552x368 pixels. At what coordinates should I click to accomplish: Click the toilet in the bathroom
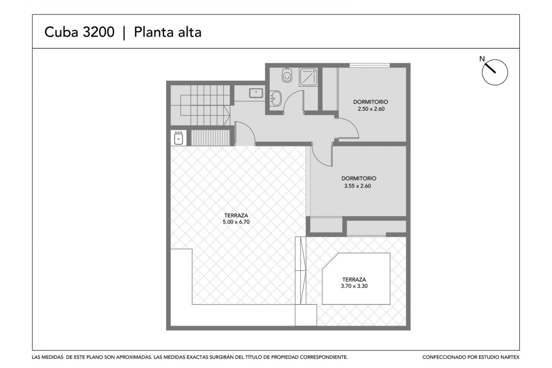pos(287,75)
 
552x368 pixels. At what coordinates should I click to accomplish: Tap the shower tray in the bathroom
pos(308,77)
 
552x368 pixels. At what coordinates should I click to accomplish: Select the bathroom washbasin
pos(276,98)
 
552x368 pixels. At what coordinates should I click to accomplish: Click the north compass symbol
pos(495,72)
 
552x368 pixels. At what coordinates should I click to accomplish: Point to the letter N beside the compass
pos(482,59)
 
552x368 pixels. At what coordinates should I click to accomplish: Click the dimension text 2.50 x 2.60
pos(371,109)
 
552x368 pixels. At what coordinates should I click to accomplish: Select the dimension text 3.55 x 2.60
pos(357,186)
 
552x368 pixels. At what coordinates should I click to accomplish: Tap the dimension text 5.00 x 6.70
pos(236,222)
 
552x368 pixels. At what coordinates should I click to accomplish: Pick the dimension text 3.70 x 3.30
pos(354,286)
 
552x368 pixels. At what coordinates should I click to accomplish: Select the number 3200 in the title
pos(99,32)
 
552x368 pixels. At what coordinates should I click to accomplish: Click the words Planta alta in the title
pos(168,32)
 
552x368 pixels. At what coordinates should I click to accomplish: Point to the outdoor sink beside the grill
pos(178,138)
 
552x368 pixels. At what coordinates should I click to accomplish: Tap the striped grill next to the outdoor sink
pos(210,138)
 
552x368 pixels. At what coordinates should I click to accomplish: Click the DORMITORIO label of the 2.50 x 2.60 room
pos(371,102)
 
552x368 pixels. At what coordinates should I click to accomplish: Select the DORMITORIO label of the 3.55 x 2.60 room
pos(359,178)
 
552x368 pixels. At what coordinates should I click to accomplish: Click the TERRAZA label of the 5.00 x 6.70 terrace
pos(236,216)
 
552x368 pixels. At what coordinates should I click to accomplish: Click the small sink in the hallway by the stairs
pos(256,93)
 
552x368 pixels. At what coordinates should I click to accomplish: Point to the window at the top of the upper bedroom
pos(369,65)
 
